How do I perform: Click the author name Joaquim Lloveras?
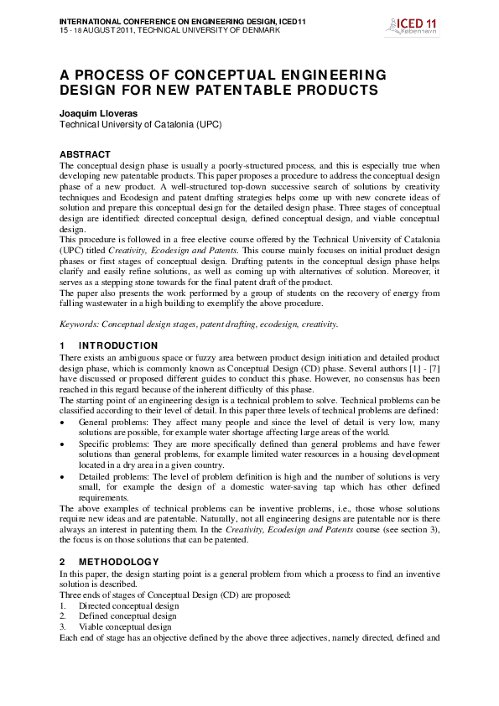(96, 112)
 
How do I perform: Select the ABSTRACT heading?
(85, 155)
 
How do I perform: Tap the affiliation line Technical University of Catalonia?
(139, 124)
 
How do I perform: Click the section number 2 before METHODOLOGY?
(62, 560)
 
